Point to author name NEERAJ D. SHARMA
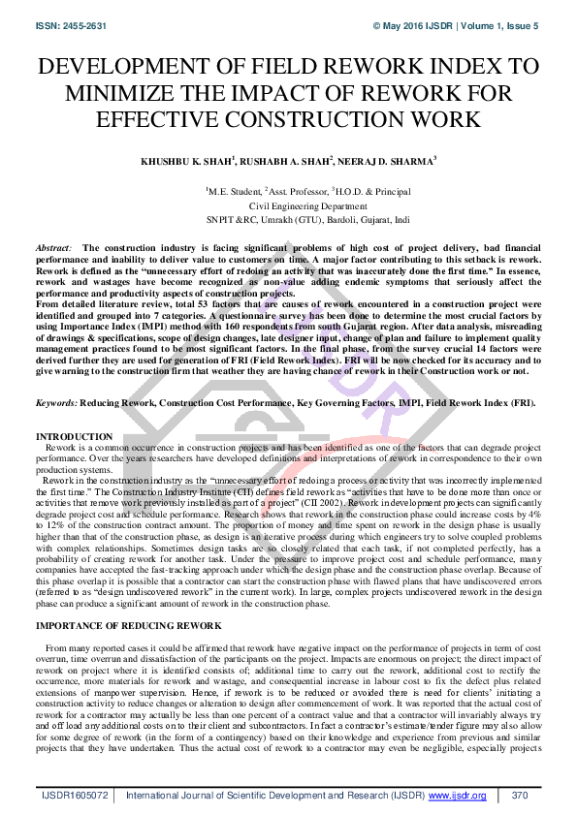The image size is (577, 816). click(390, 159)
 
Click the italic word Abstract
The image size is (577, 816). click(52, 249)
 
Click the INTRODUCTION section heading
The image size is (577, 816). click(74, 437)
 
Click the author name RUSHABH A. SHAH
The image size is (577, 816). click(286, 159)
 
